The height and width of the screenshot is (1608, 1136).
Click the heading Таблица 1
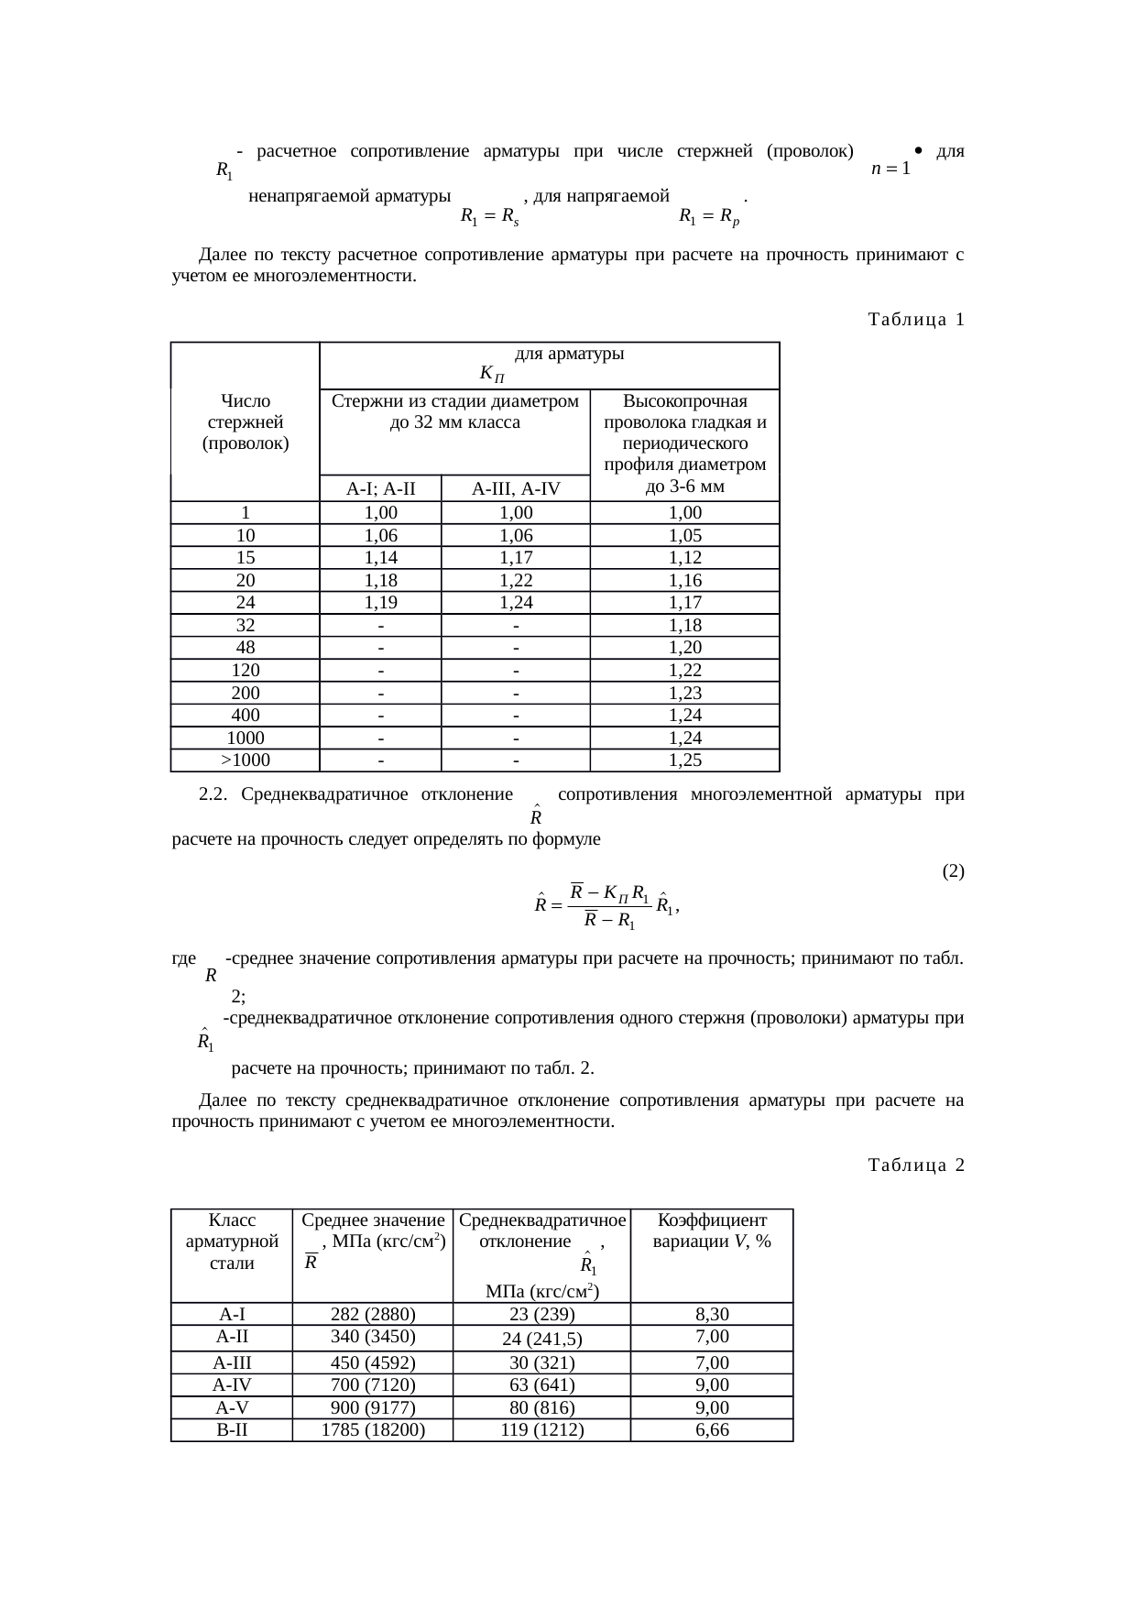(914, 320)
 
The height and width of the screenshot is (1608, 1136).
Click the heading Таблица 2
(914, 1165)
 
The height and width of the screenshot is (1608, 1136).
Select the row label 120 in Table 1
(246, 671)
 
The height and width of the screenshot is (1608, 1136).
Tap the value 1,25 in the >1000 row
(684, 760)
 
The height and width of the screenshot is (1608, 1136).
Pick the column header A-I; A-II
(380, 489)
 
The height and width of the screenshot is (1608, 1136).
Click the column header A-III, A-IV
(516, 489)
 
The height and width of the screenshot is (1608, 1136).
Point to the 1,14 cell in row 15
(380, 558)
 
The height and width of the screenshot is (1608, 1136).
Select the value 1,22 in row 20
(516, 581)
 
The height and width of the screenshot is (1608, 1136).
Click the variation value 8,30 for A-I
(712, 1314)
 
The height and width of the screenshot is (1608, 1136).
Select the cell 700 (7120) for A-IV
(373, 1384)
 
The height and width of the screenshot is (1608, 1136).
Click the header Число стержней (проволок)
(246, 423)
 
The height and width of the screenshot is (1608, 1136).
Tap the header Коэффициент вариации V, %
(712, 1231)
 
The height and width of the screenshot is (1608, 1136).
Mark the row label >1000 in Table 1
(246, 760)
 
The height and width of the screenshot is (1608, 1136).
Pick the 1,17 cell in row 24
(684, 603)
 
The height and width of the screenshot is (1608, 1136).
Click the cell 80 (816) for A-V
(542, 1407)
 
